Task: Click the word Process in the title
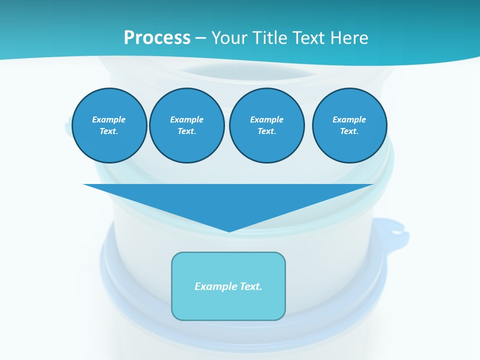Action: click(157, 37)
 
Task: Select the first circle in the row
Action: click(109, 125)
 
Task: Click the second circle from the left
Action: click(187, 125)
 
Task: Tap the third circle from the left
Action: click(267, 125)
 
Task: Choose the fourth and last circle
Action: click(349, 125)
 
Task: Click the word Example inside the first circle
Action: click(109, 119)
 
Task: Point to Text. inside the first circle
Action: click(109, 131)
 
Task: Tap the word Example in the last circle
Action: click(349, 119)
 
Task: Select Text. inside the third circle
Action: click(267, 131)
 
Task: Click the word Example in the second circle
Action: click(187, 119)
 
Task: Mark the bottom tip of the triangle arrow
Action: click(229, 231)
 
